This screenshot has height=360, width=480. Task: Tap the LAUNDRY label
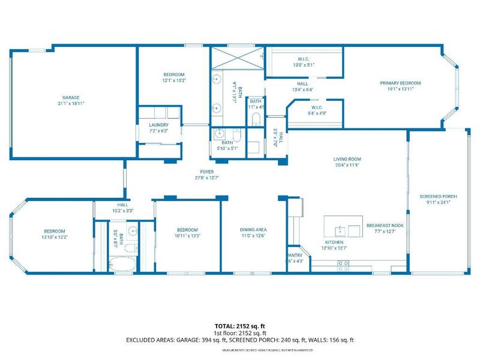(x=159, y=125)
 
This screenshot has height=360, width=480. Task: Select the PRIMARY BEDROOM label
(x=400, y=83)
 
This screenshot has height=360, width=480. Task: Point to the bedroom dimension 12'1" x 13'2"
(x=174, y=80)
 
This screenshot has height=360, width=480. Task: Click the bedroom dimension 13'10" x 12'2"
(x=53, y=237)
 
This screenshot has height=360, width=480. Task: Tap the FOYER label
(x=207, y=172)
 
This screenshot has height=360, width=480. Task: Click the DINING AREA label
(x=253, y=230)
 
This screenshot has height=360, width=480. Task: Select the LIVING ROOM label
(x=347, y=159)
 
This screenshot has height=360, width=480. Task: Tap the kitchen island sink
(x=340, y=229)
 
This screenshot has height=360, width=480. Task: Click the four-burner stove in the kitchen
(x=343, y=266)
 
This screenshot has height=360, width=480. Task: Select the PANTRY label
(x=294, y=255)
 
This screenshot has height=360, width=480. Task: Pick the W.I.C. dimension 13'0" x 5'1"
(x=304, y=64)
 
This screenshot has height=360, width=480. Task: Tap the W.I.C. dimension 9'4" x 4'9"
(x=317, y=113)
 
